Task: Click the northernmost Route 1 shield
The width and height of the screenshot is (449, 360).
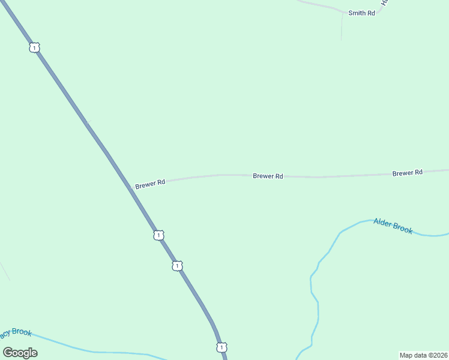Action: click(x=35, y=47)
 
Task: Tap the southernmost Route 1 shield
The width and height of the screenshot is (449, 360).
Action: click(x=221, y=347)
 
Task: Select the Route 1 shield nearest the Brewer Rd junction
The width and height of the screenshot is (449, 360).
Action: click(x=158, y=235)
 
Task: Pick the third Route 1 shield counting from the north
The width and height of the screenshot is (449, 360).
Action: click(x=177, y=265)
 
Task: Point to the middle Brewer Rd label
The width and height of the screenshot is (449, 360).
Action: click(x=268, y=176)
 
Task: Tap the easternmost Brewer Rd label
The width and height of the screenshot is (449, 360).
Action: click(x=408, y=172)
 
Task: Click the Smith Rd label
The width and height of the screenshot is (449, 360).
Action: click(x=361, y=13)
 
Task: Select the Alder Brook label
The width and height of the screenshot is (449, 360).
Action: click(x=393, y=226)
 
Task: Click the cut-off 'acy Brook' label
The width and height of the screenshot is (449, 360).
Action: click(x=15, y=333)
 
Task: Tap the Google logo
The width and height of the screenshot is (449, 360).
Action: click(x=20, y=352)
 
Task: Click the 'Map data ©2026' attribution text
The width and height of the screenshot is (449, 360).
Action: click(x=423, y=355)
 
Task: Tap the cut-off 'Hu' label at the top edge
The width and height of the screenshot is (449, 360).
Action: click(x=386, y=3)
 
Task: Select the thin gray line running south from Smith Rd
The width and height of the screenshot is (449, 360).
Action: click(x=342, y=27)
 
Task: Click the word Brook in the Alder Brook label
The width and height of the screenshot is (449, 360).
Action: click(x=402, y=227)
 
